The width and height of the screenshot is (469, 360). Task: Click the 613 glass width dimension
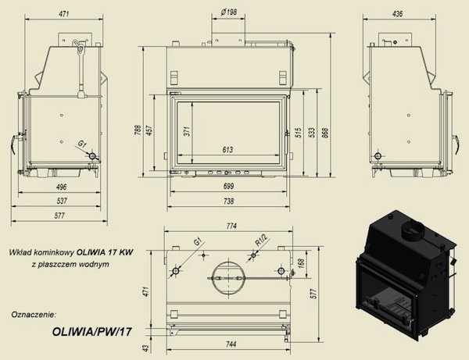coord(227,149)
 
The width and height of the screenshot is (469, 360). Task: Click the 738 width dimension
coord(227,201)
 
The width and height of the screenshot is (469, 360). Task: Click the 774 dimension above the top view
coord(229,226)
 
